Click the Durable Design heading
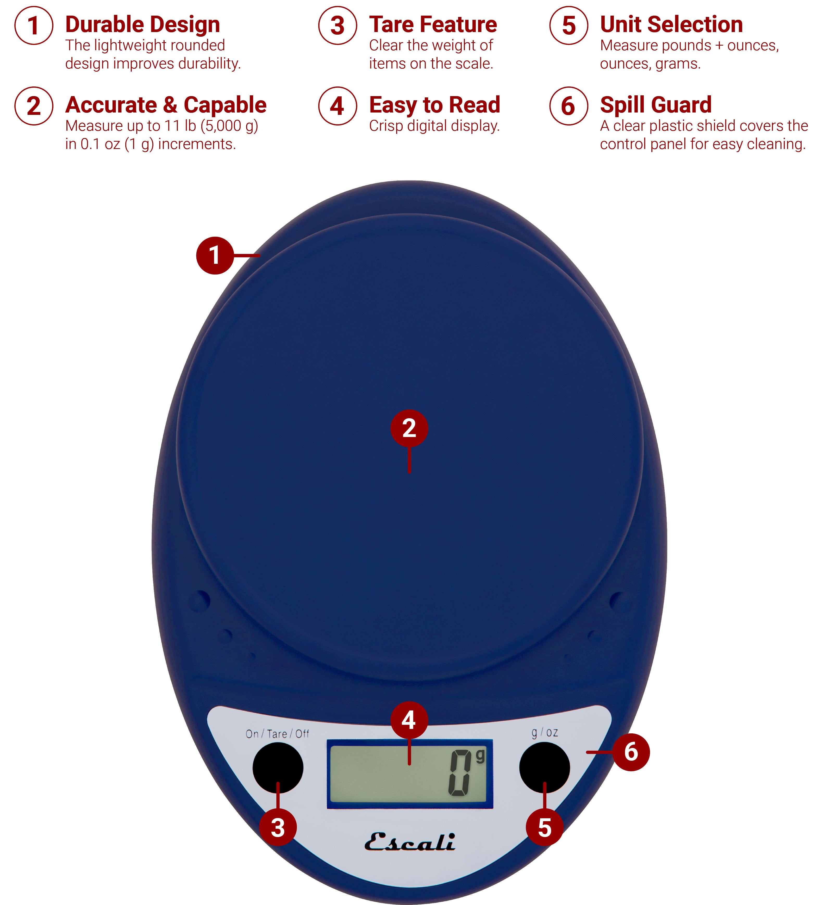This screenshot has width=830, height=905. pyautogui.click(x=142, y=24)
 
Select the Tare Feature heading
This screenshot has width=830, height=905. pyautogui.click(x=433, y=24)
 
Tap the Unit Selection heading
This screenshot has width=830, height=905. pyautogui.click(x=671, y=24)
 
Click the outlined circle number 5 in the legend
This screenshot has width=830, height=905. pyautogui.click(x=568, y=26)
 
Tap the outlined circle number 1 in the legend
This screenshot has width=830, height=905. pyautogui.click(x=34, y=26)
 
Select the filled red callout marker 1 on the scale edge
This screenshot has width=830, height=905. pyautogui.click(x=215, y=255)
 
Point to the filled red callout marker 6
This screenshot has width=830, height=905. pyautogui.click(x=631, y=752)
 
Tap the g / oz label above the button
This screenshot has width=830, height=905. pyautogui.click(x=544, y=733)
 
